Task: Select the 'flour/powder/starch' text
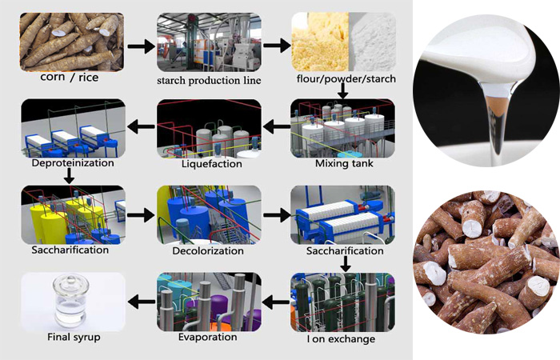pyautogui.click(x=342, y=80)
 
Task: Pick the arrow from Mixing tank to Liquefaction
pyautogui.click(x=276, y=126)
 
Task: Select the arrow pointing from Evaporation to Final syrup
pyautogui.click(x=141, y=301)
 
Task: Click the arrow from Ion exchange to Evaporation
pyautogui.click(x=276, y=301)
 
